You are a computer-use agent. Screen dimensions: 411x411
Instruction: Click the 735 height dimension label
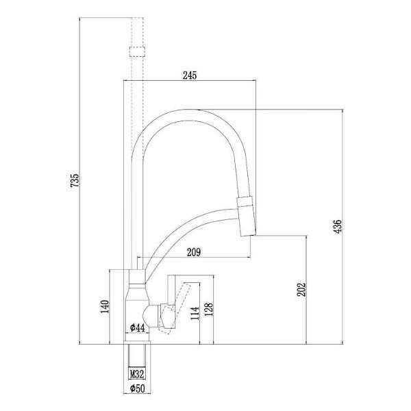pyautogui.click(x=75, y=180)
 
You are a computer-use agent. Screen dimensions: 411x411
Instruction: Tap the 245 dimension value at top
pyautogui.click(x=190, y=76)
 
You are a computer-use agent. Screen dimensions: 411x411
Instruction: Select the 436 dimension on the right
pyautogui.click(x=338, y=225)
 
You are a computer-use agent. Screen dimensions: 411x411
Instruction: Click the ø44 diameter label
pyautogui.click(x=137, y=328)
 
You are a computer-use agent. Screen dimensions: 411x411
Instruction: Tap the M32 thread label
pyautogui.click(x=137, y=374)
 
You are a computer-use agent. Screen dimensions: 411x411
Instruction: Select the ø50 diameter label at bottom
pyautogui.click(x=137, y=390)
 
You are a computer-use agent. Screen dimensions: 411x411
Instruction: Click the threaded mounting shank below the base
pyautogui.click(x=137, y=358)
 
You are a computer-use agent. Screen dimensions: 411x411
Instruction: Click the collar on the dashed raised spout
pyautogui.click(x=137, y=51)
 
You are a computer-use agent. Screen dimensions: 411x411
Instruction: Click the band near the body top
pyautogui.click(x=137, y=283)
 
